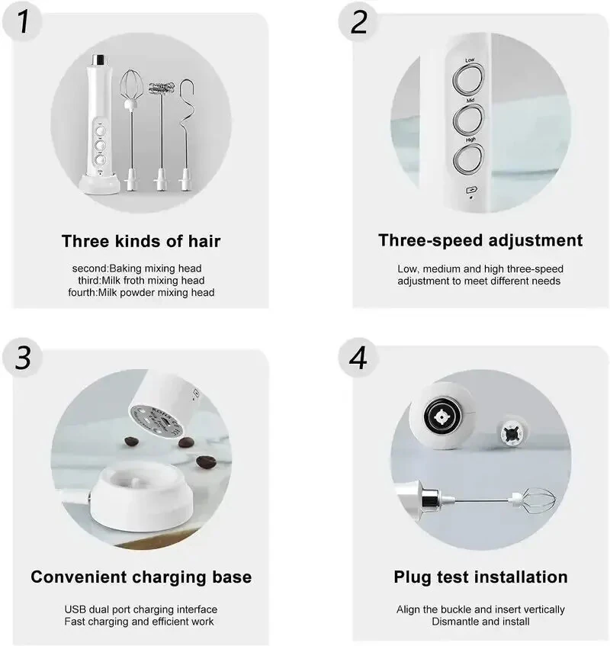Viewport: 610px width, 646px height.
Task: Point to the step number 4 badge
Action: tap(359, 356)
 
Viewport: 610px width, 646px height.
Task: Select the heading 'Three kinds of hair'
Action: tap(141, 242)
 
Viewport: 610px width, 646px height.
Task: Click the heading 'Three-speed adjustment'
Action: tap(480, 240)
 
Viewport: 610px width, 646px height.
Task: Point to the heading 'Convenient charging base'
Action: tap(141, 577)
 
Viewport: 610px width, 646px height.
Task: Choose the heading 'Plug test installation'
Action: tap(480, 577)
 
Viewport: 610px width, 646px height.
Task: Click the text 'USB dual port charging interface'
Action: tap(141, 609)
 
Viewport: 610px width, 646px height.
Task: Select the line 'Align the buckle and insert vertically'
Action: tap(480, 609)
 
